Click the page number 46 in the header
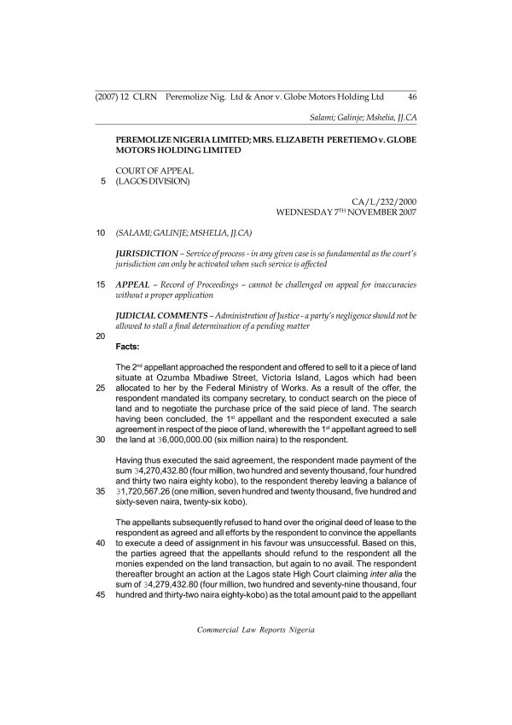point(411,96)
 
